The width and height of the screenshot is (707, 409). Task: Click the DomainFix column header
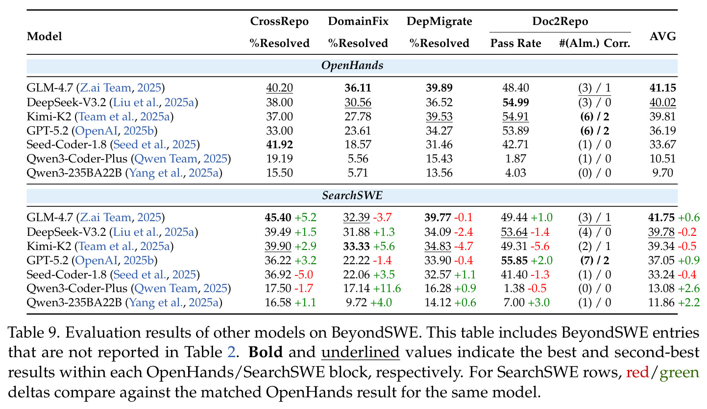point(358,21)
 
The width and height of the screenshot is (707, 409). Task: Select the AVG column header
point(663,36)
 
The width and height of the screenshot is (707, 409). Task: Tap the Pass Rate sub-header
point(516,43)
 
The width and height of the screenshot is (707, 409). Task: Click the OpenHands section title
point(352,66)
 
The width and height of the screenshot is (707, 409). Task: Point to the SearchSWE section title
point(352,195)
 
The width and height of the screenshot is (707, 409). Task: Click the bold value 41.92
point(280,145)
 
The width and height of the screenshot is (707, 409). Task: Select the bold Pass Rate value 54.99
point(516,102)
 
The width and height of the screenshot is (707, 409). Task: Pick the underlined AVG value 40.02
point(663,102)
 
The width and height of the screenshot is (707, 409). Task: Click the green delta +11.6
point(387,288)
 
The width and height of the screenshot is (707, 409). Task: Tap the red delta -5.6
point(540,246)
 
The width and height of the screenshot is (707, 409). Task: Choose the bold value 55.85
point(514,261)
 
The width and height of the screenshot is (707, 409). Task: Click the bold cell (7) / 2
point(595,261)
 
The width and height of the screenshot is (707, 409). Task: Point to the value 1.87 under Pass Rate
point(516,159)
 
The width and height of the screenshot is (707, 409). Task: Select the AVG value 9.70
point(663,173)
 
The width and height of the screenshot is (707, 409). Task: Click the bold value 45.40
point(278,217)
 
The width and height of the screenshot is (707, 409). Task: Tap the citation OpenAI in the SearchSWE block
point(96,261)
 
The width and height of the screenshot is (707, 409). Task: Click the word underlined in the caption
point(361,352)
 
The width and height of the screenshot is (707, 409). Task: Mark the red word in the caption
point(637,372)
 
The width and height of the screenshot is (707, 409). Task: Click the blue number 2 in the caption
point(231,352)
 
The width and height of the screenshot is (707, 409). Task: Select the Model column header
point(44,36)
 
